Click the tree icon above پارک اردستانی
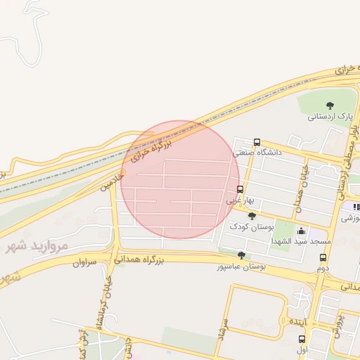tap(330, 105)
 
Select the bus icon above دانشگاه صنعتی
tap(257, 141)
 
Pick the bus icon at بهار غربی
tap(240, 189)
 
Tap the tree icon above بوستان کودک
tap(252, 215)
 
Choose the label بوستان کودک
tap(252, 226)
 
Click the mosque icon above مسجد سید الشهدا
tap(301, 231)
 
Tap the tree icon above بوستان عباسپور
tap(242, 255)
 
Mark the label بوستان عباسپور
tap(242, 266)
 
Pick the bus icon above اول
tap(302, 338)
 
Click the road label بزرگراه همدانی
tap(158, 260)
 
